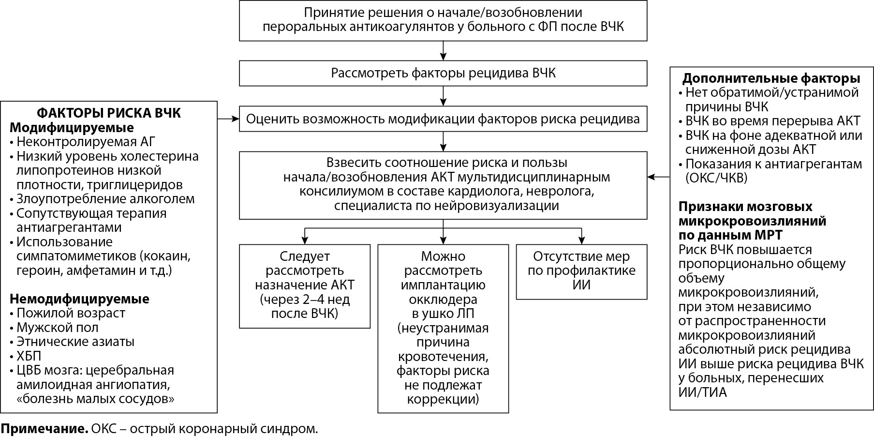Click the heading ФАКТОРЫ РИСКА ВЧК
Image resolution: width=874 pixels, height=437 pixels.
109,113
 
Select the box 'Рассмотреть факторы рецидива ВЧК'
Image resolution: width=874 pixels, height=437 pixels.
443,73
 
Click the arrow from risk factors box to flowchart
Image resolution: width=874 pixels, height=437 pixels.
228,118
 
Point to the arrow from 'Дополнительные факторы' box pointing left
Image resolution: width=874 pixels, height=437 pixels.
658,177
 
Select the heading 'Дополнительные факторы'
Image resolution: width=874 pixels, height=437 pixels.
771,78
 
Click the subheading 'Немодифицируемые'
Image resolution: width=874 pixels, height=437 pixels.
79,299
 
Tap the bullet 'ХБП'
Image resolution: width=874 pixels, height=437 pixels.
29,356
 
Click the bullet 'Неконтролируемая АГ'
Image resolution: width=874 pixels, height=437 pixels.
86,142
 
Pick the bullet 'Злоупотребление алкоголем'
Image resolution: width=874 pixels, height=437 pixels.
105,199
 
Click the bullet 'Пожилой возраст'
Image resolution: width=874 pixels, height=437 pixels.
71,313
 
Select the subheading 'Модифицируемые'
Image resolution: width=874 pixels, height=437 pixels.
72,128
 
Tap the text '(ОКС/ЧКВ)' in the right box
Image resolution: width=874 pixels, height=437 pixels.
716,178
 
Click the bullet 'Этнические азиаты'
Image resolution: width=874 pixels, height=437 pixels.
75,342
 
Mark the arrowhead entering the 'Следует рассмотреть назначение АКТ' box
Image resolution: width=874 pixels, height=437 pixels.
304,240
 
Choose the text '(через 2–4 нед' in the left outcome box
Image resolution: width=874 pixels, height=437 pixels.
305,299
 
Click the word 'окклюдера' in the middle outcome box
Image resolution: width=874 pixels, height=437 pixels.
443,299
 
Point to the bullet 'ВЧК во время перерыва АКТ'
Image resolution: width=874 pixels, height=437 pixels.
772,121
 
